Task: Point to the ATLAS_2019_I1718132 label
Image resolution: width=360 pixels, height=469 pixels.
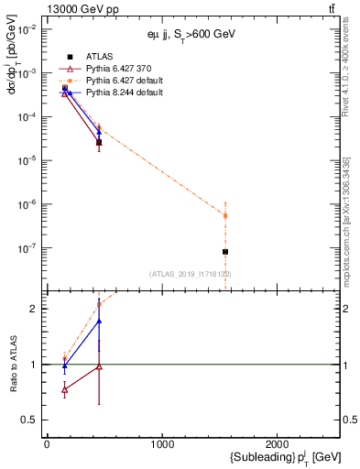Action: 191,274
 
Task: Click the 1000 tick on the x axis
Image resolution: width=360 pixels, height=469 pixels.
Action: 162,443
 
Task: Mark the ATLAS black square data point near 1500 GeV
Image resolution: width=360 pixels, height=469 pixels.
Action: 225,251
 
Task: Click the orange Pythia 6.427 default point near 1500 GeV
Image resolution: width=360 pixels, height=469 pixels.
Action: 225,216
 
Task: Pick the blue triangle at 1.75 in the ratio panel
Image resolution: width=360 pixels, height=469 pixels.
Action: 99,322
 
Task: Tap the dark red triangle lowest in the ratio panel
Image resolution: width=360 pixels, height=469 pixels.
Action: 64,390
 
